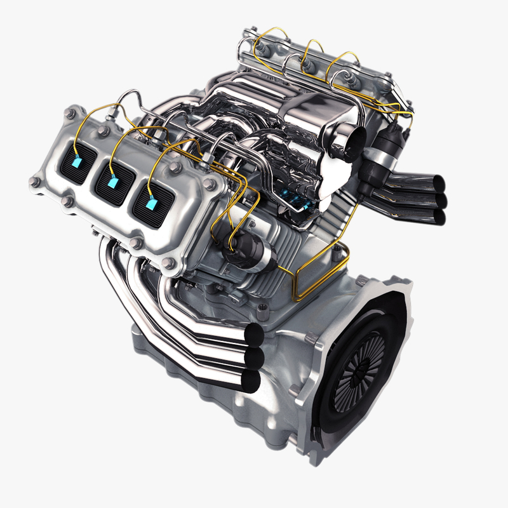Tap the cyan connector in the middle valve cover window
(x=113, y=182)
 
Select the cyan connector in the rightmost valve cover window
(x=151, y=204)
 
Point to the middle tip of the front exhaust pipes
(x=254, y=358)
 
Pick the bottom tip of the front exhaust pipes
(x=251, y=380)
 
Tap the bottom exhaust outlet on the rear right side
(x=438, y=218)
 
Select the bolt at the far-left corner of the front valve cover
(x=34, y=182)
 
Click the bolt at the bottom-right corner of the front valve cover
(x=168, y=263)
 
